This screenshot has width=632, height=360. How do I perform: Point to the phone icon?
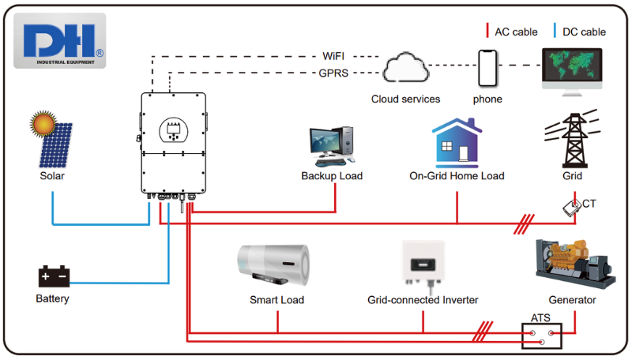point(487,68)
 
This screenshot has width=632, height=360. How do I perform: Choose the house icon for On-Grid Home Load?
point(457,142)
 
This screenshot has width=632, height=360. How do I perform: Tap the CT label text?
point(589,204)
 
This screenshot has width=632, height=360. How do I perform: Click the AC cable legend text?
point(516,32)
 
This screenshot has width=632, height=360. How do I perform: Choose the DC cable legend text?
point(585,32)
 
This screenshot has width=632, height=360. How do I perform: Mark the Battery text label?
point(53,299)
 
